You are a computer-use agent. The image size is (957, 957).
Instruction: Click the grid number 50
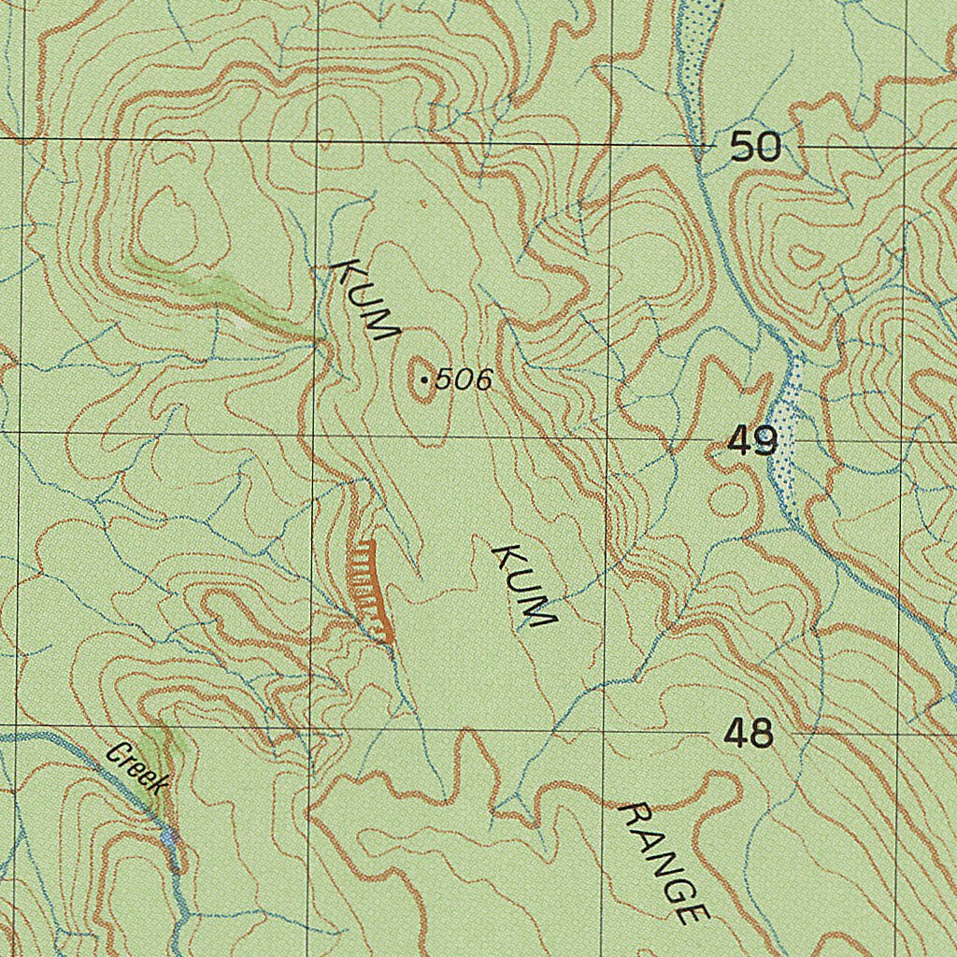tap(754, 147)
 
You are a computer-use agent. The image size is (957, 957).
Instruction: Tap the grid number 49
tap(752, 440)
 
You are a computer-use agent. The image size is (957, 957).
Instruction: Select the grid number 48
tap(749, 734)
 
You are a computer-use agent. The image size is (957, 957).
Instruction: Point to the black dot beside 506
tap(425, 380)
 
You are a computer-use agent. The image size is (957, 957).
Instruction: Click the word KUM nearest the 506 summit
tap(367, 300)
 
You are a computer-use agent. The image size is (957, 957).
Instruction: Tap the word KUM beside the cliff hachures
tap(524, 586)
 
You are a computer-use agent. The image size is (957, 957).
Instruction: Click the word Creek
tap(137, 768)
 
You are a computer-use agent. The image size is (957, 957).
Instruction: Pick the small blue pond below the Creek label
tap(169, 836)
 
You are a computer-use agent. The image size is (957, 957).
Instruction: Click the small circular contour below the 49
tap(727, 501)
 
